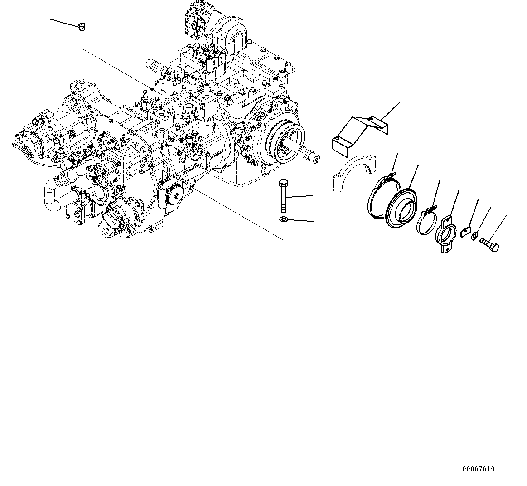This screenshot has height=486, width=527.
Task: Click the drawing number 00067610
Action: (x=479, y=469)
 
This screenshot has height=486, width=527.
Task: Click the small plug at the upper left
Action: (x=82, y=27)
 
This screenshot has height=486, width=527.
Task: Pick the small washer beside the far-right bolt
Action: (x=474, y=236)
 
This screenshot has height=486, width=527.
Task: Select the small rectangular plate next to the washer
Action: (x=465, y=232)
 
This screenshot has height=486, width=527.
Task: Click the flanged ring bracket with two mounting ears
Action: (x=445, y=234)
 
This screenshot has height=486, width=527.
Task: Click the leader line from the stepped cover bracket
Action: (x=390, y=112)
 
